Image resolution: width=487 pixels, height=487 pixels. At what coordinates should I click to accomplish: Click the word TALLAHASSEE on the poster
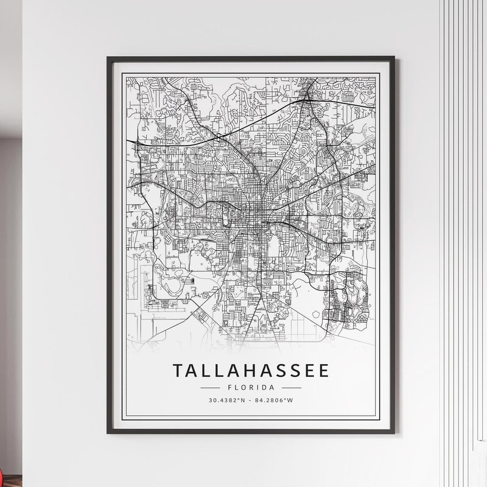(x=251, y=371)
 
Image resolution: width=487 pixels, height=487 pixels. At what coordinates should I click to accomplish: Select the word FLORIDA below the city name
(x=251, y=387)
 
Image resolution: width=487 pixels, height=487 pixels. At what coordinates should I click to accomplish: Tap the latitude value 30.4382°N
(x=227, y=400)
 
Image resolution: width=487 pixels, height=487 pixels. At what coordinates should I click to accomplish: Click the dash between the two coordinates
(x=251, y=400)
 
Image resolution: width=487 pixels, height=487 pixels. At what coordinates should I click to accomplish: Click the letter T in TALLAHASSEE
(x=178, y=371)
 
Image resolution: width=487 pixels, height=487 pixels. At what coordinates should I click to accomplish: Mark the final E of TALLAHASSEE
(x=323, y=371)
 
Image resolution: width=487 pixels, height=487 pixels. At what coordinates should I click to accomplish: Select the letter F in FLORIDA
(x=229, y=387)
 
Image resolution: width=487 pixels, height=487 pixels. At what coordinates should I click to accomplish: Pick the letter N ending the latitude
(x=243, y=400)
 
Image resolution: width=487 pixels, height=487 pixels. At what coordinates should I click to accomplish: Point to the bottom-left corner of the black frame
(x=108, y=433)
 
